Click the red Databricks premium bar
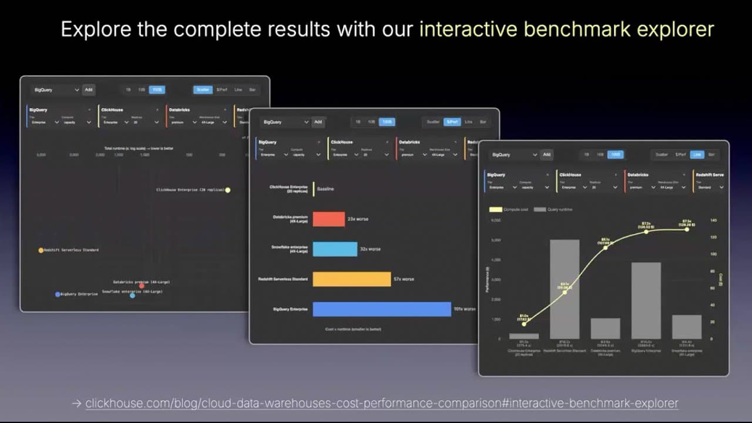point(328,219)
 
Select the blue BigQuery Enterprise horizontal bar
point(382,309)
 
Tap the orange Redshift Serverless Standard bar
point(351,279)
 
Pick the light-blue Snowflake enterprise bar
point(335,249)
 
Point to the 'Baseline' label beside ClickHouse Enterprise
point(325,189)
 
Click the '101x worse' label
point(464,309)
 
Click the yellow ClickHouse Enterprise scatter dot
point(228,190)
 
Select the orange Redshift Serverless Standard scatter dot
point(41,250)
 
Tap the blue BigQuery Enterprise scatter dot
point(58,294)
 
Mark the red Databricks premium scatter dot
point(142,286)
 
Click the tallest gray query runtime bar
point(565,289)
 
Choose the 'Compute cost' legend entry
point(509,209)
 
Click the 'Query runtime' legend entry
point(553,209)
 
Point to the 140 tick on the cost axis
point(714,220)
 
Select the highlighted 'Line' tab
point(697,155)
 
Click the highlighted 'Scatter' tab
point(203,90)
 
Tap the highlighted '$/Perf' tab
point(451,122)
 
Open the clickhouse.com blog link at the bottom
point(381,404)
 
